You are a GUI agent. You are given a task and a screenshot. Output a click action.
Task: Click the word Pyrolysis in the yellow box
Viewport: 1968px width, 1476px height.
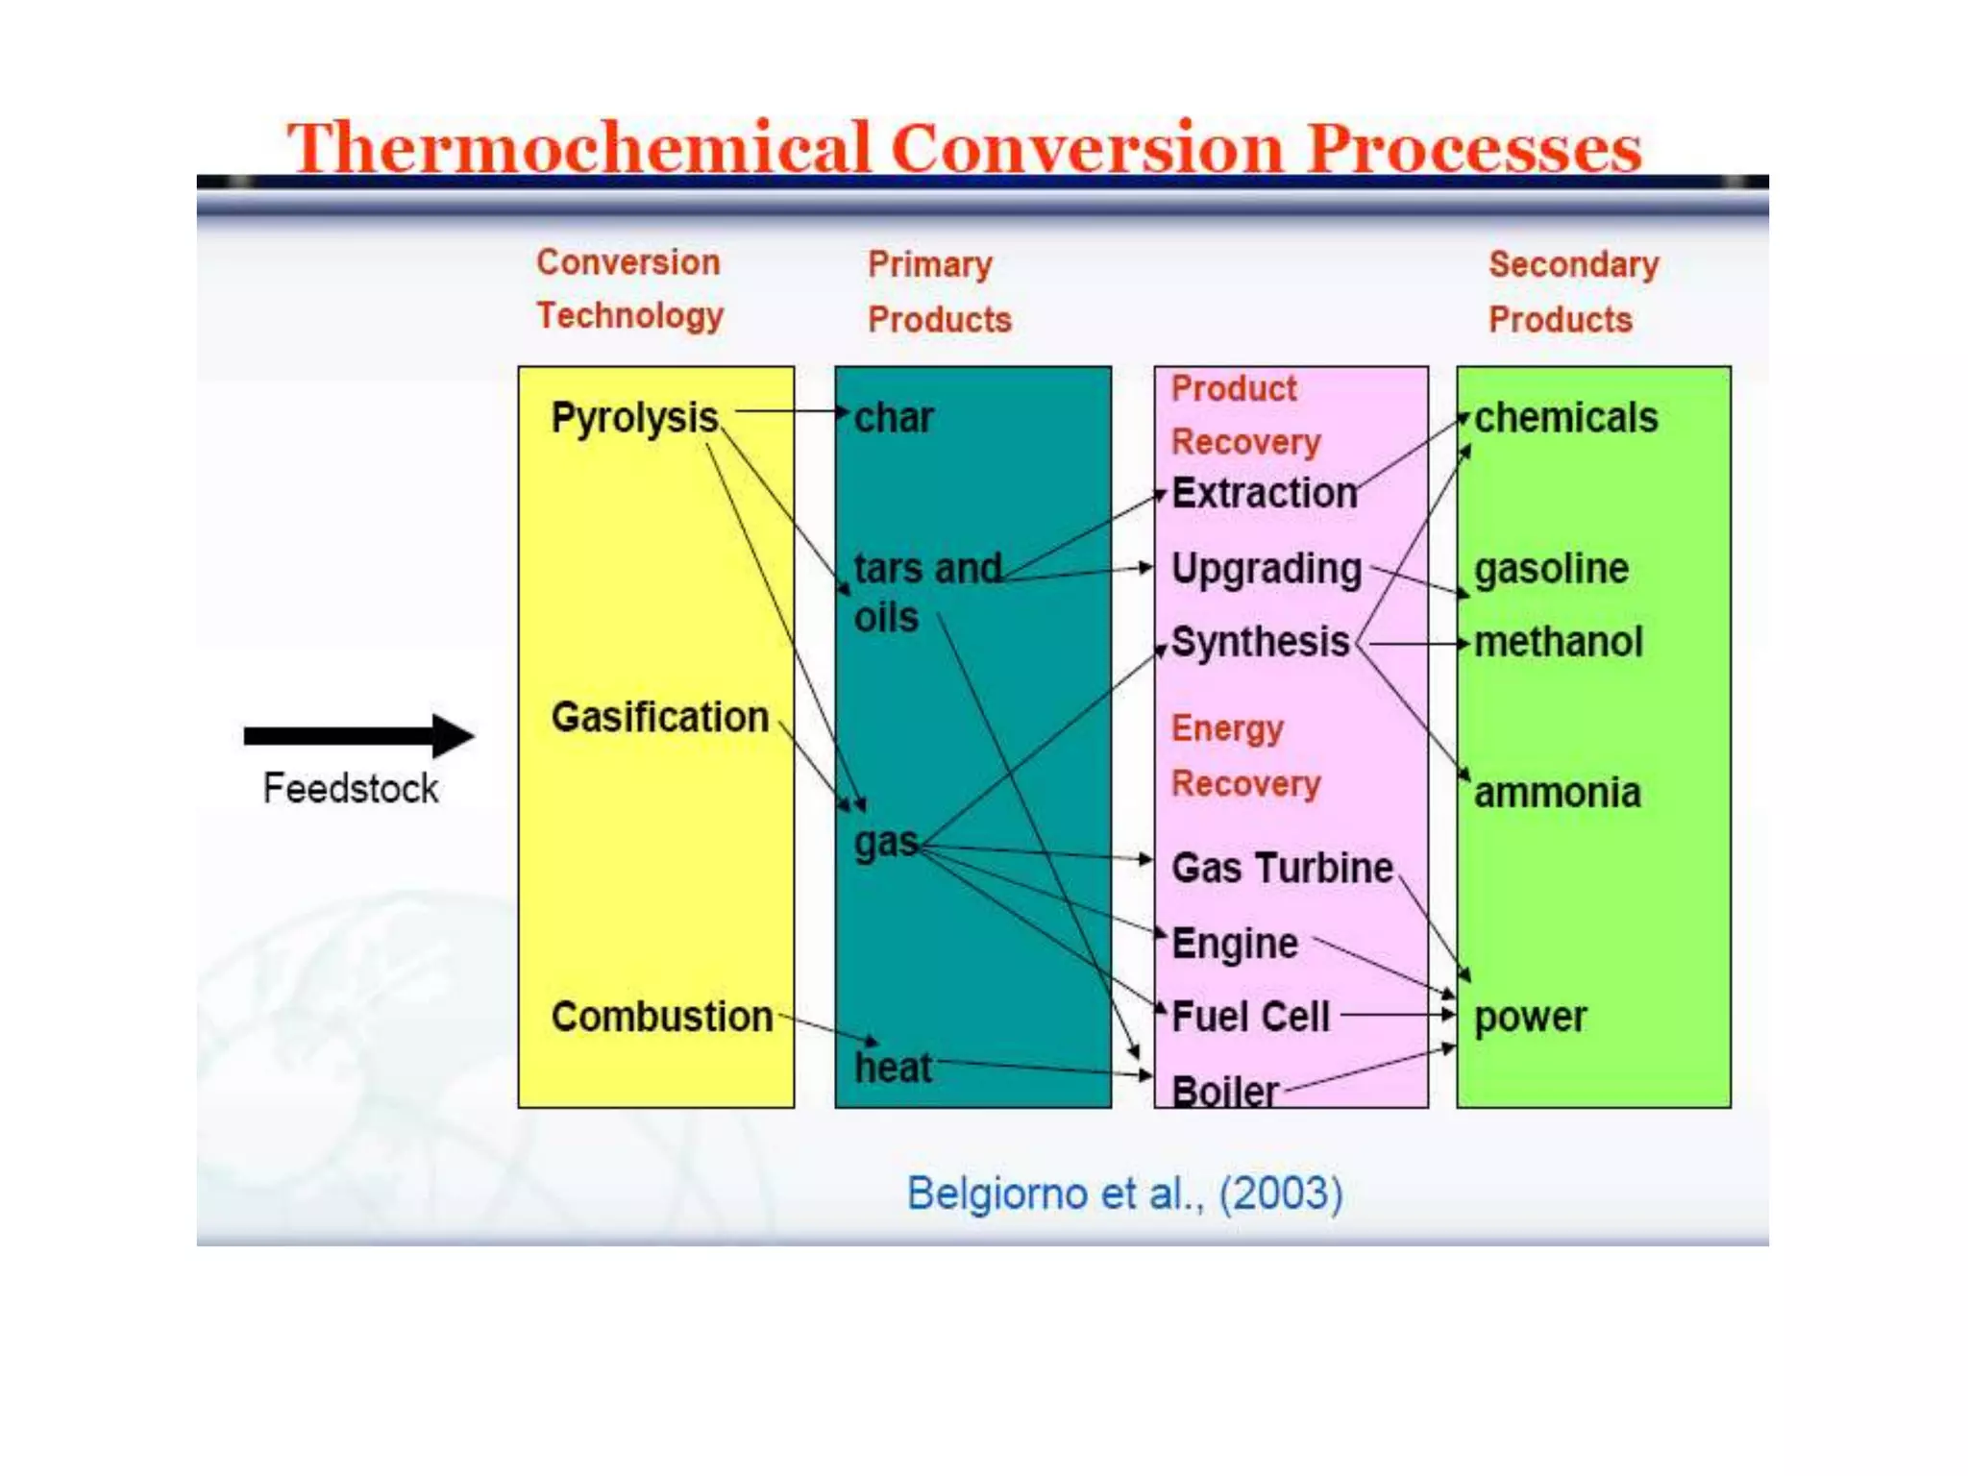point(634,418)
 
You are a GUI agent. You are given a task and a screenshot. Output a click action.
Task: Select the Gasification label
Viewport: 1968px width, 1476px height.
point(659,717)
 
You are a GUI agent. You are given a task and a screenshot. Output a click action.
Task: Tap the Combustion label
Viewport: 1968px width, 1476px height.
point(661,1017)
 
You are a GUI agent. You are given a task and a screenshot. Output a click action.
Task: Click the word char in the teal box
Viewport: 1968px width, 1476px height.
point(894,418)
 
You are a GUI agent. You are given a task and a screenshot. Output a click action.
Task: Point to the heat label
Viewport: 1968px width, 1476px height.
point(893,1068)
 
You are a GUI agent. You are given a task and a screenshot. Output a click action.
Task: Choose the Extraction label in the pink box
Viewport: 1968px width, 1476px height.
point(1265,493)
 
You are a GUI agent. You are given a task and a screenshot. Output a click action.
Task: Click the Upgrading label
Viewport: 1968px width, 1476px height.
point(1267,569)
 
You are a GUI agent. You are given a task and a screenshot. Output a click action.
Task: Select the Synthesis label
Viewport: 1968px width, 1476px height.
point(1261,642)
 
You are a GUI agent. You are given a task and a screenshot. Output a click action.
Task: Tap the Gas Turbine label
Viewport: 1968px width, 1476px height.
point(1282,868)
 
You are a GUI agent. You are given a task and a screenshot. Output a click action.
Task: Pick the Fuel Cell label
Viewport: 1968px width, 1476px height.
point(1251,1017)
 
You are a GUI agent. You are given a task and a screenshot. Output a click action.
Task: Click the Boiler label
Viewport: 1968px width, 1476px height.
point(1225,1092)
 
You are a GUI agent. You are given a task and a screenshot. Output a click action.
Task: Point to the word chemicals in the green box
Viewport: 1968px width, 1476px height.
point(1566,418)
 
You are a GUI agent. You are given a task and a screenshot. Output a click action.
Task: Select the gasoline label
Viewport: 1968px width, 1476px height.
point(1552,569)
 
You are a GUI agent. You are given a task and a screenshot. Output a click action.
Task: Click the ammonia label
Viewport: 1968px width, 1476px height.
point(1558,793)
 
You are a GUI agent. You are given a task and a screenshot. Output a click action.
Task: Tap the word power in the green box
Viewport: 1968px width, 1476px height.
point(1531,1017)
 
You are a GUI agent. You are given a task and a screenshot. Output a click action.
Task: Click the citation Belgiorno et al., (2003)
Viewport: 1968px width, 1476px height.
point(1124,1193)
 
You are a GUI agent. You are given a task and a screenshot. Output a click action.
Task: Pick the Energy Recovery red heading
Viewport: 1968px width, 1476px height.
point(1245,756)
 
